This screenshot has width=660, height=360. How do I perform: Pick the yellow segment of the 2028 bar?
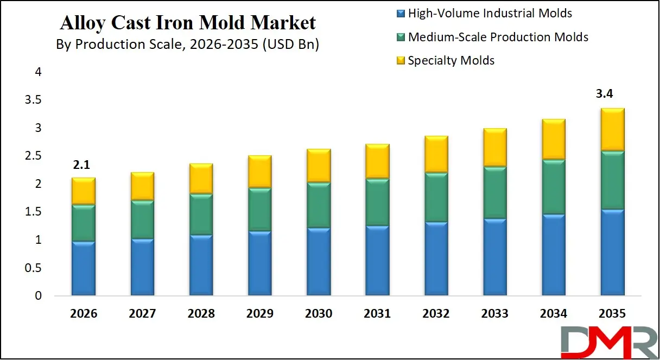(201, 179)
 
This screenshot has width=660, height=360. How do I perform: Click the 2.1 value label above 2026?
(82, 165)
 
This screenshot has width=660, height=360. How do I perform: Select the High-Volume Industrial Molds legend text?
(490, 13)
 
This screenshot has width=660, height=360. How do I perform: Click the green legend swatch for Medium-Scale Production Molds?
(401, 37)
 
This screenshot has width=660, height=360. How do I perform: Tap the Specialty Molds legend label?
(451, 60)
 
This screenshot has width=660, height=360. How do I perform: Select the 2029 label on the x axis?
(259, 313)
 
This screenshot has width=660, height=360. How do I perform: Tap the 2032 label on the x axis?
(435, 313)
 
